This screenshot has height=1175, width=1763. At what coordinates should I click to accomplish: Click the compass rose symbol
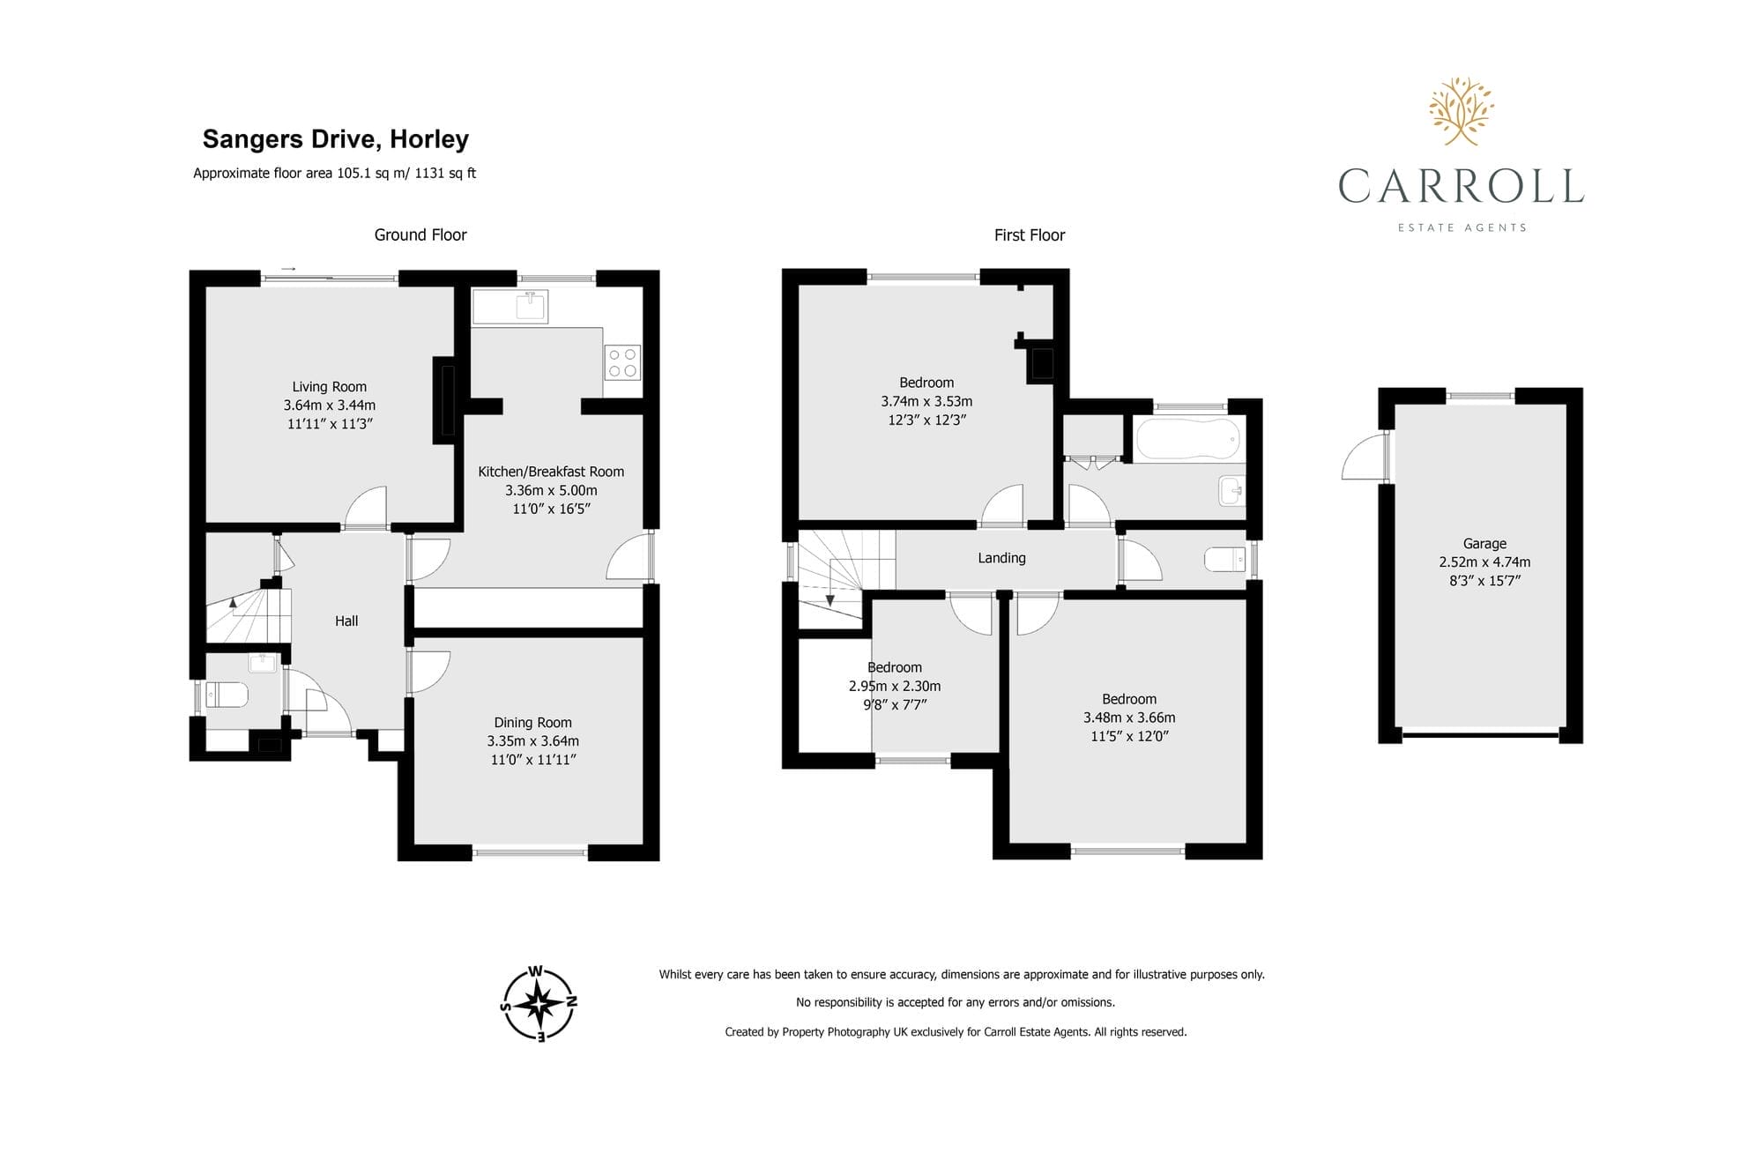[539, 1004]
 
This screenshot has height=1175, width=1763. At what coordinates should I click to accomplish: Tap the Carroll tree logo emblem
[1462, 111]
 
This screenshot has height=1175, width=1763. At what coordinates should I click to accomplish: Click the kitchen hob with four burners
[622, 363]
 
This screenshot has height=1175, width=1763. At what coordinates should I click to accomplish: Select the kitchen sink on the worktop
[531, 306]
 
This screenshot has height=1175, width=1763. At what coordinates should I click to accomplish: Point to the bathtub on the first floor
[1188, 439]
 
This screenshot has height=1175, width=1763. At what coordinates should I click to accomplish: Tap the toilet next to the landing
[1224, 559]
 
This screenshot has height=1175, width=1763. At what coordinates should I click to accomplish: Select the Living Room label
[330, 387]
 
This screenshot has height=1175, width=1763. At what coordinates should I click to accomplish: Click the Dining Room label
[532, 723]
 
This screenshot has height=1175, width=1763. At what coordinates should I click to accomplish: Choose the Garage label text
[1484, 544]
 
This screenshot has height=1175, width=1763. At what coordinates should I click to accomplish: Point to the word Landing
[1001, 558]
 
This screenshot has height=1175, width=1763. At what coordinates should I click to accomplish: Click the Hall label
[346, 621]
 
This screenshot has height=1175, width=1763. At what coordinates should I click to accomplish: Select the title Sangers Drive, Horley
[336, 139]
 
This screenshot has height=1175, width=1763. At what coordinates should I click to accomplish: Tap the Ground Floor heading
[420, 235]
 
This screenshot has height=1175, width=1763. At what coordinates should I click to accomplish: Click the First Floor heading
[1030, 235]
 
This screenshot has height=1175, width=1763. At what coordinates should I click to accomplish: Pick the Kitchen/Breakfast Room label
[551, 472]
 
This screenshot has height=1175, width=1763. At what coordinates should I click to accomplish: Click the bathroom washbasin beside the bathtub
[1231, 490]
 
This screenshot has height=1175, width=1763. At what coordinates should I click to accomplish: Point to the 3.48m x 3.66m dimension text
[1129, 718]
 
